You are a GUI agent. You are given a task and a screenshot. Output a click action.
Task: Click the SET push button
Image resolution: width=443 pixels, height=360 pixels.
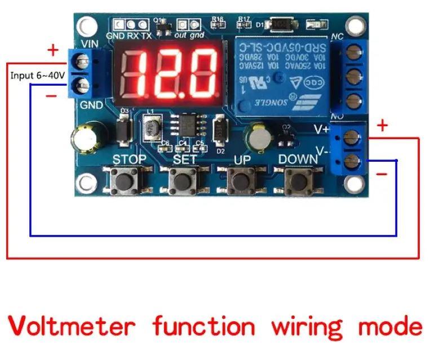tap(181, 182)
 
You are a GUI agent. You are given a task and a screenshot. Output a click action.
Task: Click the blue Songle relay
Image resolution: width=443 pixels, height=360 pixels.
tap(279, 74)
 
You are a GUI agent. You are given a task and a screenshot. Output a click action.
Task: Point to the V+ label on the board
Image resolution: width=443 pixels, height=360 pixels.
tap(321, 129)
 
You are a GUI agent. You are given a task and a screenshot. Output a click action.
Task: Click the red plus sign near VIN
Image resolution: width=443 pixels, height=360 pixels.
tap(53, 51)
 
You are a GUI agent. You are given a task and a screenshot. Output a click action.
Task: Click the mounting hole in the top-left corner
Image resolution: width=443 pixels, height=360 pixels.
tap(86, 25)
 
